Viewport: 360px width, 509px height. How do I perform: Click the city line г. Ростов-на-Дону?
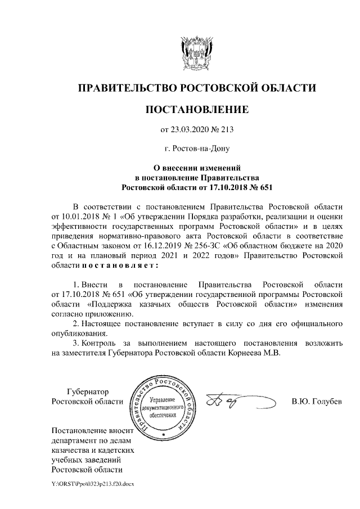coord(196,149)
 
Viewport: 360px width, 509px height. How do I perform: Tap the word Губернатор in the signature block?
coord(87,391)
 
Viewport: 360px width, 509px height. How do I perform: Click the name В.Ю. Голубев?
coord(317,402)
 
